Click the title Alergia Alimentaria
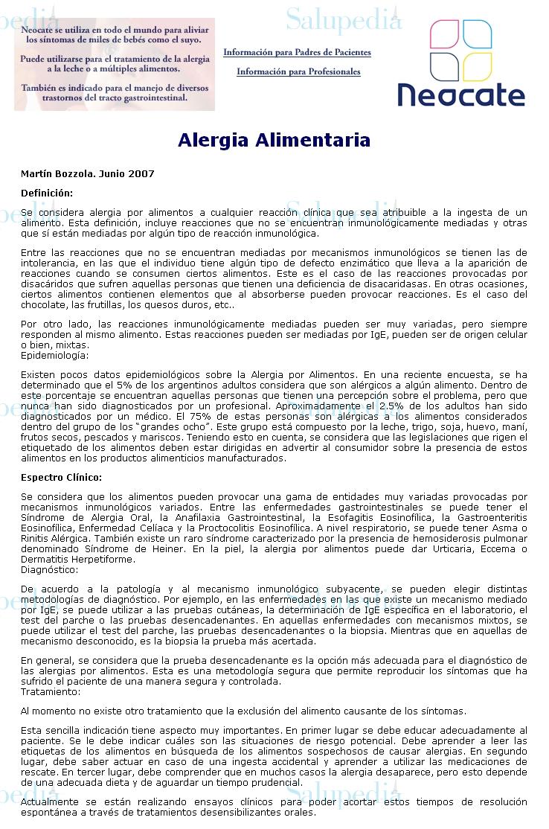pyautogui.click(x=274, y=141)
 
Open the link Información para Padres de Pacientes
pyautogui.click(x=297, y=53)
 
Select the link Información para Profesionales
pyautogui.click(x=298, y=72)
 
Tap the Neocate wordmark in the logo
pyautogui.click(x=460, y=95)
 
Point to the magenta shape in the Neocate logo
pyautogui.click(x=444, y=34)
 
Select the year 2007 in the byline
pyautogui.click(x=142, y=174)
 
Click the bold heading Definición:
pyautogui.click(x=47, y=193)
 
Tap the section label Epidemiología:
pyautogui.click(x=54, y=355)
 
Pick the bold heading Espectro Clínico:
pyautogui.click(x=61, y=477)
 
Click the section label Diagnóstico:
pyautogui.click(x=49, y=569)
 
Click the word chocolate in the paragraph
pyautogui.click(x=44, y=304)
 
